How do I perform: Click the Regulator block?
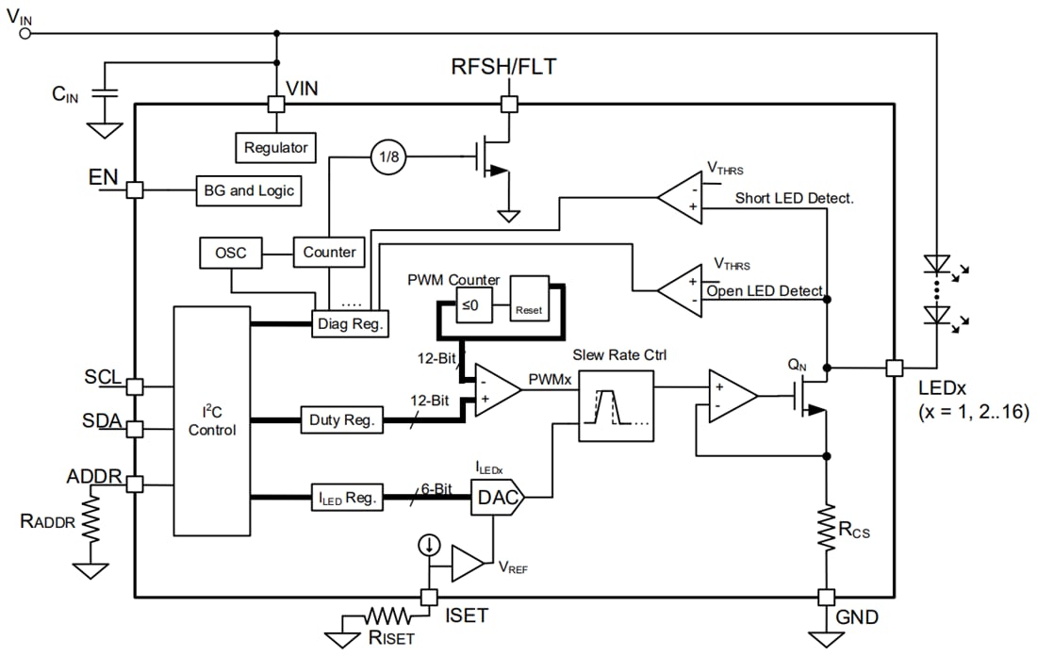click(x=275, y=148)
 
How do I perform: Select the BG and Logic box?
click(x=249, y=190)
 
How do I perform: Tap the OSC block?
click(x=231, y=253)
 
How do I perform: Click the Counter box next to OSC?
click(x=329, y=252)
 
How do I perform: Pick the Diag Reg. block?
click(x=351, y=323)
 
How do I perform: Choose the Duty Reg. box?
click(x=341, y=420)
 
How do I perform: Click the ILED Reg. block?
click(x=347, y=497)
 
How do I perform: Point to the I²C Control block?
click(x=212, y=420)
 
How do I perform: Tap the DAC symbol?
click(x=496, y=499)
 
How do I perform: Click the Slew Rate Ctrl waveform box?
click(x=615, y=405)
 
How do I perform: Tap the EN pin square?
click(x=135, y=189)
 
